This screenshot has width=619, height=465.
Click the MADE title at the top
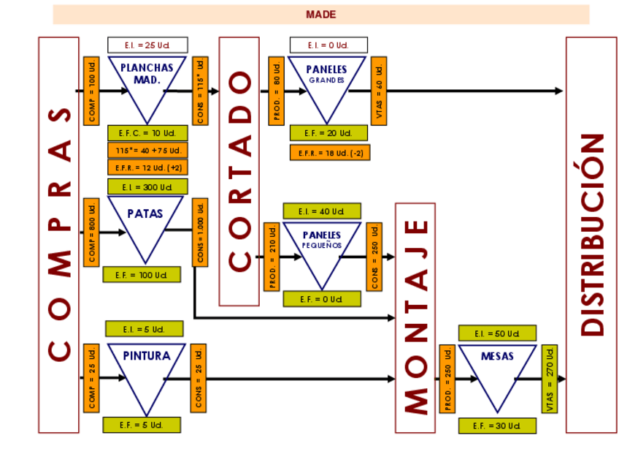point(321,15)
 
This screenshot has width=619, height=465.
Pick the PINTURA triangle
point(147,369)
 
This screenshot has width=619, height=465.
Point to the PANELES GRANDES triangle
point(326,80)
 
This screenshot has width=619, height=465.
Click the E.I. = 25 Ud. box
point(147,45)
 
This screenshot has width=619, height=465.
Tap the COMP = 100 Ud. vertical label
point(91,91)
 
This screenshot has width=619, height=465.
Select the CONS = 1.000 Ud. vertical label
point(200,232)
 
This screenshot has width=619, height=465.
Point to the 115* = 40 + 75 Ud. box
point(147,151)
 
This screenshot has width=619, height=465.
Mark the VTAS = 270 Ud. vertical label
point(550,379)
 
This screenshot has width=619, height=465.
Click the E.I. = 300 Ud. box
point(147,187)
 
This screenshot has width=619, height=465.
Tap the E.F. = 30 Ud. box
point(497,426)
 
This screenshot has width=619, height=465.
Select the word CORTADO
point(240,171)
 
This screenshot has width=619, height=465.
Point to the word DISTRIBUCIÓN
point(592,234)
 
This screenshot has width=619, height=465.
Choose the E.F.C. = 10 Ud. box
point(147,133)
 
